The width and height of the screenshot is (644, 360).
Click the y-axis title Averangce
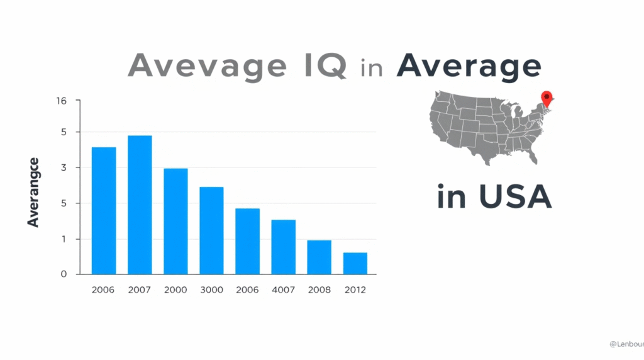coord(33,193)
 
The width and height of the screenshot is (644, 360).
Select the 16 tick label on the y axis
coord(61,101)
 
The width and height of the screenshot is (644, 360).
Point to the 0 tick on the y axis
coord(63,274)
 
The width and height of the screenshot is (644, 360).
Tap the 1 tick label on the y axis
coord(63,239)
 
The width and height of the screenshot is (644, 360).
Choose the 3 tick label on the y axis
coord(63,168)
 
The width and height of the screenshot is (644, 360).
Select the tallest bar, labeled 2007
coord(140,205)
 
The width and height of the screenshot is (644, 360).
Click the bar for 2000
coord(175,221)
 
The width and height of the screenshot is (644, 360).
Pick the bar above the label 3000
coord(211,230)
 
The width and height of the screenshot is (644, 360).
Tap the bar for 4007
coord(283,247)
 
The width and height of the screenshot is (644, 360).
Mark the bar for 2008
coord(319,257)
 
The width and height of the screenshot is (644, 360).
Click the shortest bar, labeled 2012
coord(355,263)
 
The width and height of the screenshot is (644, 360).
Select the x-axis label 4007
coord(283,290)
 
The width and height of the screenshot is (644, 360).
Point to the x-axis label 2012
coord(355,290)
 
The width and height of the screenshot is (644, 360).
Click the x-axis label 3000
coord(211,290)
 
